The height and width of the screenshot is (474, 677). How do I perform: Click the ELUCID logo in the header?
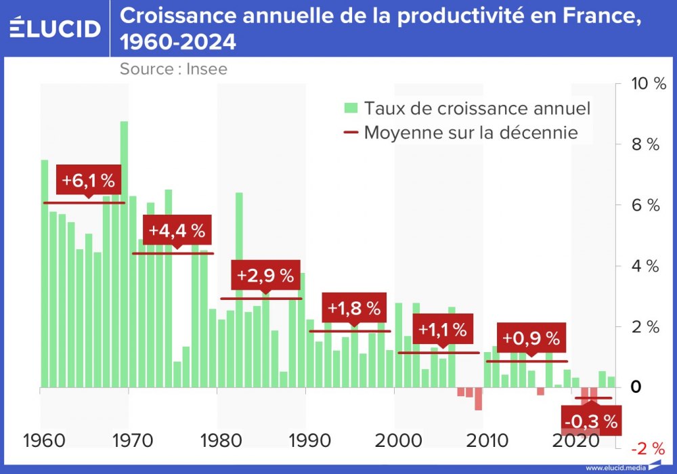(x=56, y=28)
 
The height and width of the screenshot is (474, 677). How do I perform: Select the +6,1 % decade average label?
(x=89, y=181)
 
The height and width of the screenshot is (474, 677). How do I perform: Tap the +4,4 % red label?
(x=177, y=230)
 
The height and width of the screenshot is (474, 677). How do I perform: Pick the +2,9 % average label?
(x=265, y=276)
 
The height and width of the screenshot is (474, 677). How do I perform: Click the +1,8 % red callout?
(x=354, y=309)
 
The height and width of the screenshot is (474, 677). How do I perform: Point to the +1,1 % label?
(x=443, y=330)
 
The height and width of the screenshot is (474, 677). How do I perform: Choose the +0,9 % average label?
(x=531, y=338)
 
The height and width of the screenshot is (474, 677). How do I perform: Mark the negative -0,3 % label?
(x=591, y=422)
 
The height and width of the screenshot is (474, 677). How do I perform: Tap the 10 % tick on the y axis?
(x=648, y=84)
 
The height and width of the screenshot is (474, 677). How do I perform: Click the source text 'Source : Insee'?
(x=173, y=68)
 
